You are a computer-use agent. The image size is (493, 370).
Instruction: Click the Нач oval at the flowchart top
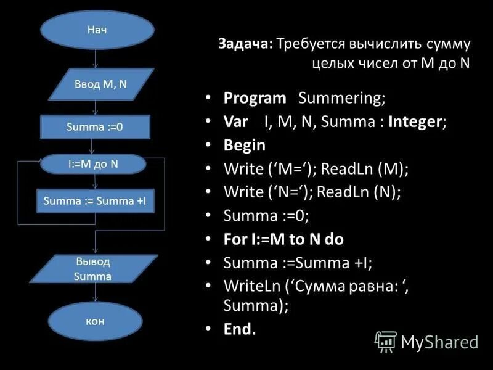tap(97, 30)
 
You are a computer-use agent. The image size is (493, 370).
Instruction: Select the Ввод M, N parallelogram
tap(101, 84)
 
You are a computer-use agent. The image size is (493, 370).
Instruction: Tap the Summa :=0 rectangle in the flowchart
tap(94, 127)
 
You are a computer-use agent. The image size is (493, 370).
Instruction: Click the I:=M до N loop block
tap(93, 164)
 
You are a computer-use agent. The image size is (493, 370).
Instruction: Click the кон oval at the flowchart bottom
tap(94, 321)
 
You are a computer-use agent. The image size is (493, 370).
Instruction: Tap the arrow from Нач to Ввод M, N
tap(96, 60)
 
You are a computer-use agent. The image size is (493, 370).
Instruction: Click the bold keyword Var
tap(237, 121)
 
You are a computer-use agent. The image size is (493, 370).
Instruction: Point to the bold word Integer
tap(416, 121)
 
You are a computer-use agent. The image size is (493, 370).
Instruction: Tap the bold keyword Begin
tap(245, 146)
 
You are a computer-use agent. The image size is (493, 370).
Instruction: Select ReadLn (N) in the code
tap(360, 192)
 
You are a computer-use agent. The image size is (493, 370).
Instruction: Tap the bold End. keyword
tap(240, 329)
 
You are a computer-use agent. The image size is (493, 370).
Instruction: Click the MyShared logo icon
tap(386, 341)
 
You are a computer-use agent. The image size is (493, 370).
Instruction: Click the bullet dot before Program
tap(210, 99)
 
